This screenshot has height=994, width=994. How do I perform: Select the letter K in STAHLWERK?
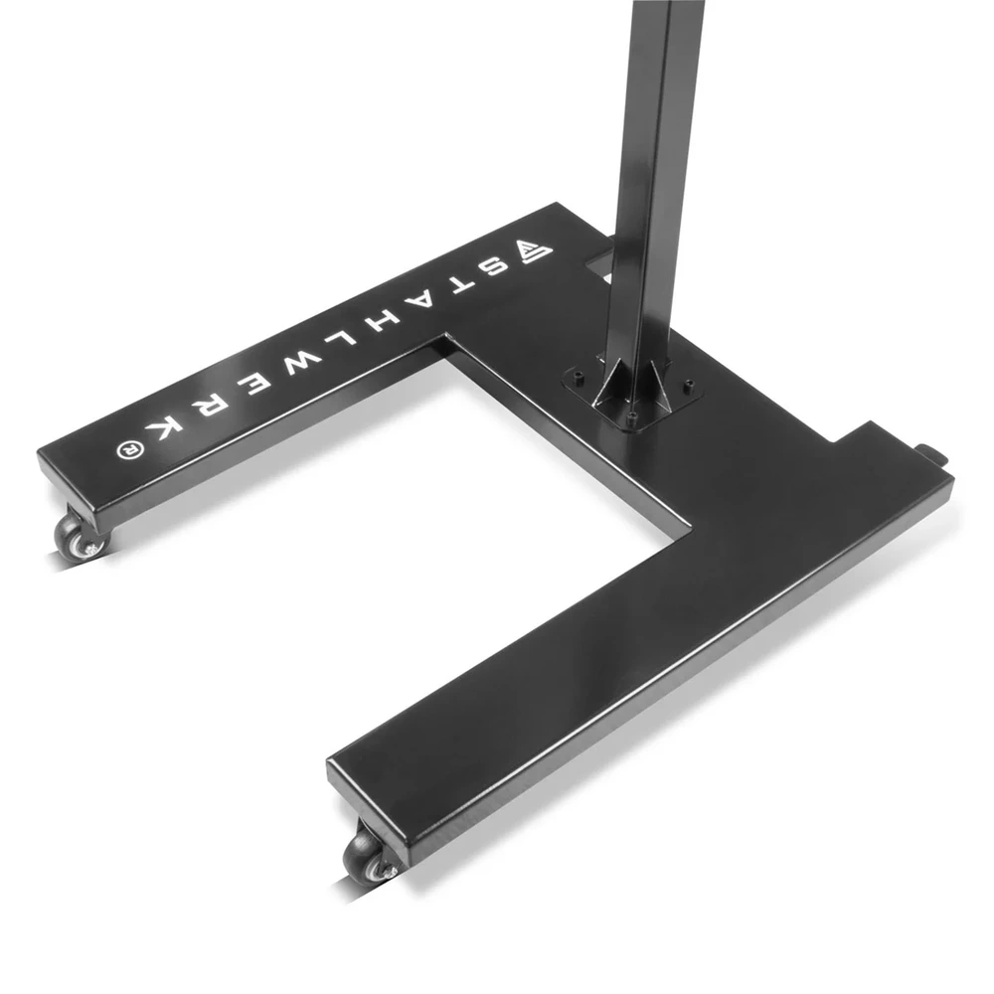click(x=163, y=429)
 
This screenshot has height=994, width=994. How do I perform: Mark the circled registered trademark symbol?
click(x=127, y=449)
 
